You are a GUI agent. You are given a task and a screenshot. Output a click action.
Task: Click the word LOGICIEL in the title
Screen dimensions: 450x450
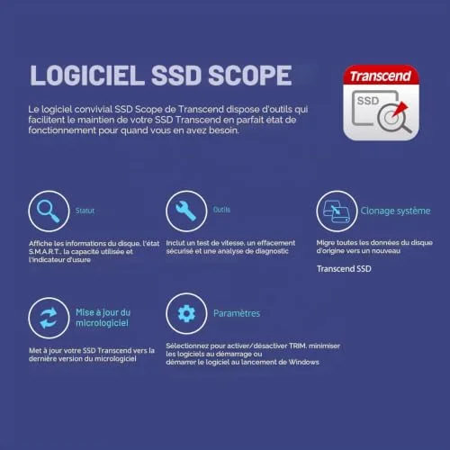point(87,76)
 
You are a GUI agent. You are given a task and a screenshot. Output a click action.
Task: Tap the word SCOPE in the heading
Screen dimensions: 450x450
point(250,76)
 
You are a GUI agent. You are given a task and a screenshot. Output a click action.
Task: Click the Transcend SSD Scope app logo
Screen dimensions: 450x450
point(381,103)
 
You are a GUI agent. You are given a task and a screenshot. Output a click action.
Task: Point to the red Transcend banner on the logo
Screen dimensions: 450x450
point(381,76)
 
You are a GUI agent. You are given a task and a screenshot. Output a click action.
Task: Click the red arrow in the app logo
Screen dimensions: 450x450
point(400,110)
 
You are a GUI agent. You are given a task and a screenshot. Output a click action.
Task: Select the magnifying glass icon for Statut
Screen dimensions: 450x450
point(49,211)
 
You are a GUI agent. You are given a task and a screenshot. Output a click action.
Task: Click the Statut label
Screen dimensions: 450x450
point(85,211)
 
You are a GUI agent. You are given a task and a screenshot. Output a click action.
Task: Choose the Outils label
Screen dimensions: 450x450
point(221,210)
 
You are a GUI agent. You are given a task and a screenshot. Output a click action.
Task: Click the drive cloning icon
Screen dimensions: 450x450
point(337,211)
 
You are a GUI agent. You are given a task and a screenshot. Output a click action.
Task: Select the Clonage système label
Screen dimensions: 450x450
point(395,211)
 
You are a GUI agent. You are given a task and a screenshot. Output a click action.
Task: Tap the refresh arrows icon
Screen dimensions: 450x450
point(49,318)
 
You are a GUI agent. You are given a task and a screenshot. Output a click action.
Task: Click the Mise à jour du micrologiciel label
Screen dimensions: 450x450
point(103,318)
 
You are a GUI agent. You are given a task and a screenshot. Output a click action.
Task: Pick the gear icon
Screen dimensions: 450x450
point(186,313)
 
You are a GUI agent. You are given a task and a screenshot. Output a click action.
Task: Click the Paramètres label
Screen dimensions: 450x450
point(237,313)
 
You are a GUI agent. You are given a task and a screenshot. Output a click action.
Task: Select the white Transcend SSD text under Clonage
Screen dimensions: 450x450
point(344,268)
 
